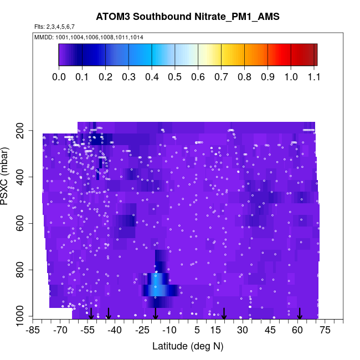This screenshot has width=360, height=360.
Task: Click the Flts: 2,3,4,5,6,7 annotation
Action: click(54, 27)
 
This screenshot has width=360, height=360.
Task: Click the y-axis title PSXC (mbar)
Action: click(6, 176)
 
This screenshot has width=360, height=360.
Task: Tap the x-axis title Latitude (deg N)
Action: click(187, 346)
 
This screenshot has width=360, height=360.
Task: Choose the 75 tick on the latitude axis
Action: click(325, 331)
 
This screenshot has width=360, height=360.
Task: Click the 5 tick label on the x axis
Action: click(197, 331)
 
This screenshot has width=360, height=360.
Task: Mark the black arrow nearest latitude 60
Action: click(300, 313)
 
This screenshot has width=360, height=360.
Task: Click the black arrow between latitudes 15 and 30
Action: click(224, 313)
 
